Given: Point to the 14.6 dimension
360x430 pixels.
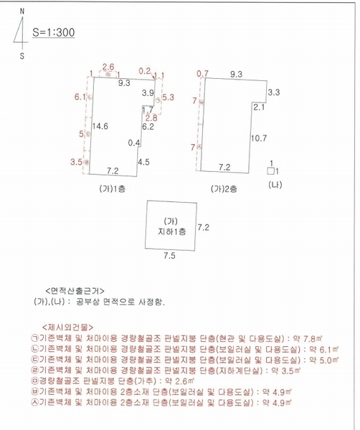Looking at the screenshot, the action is (100, 126).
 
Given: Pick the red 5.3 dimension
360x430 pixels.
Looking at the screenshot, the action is (169, 96).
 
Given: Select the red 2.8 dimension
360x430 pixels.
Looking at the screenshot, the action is (151, 117).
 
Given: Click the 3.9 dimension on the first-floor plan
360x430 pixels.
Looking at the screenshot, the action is (148, 93).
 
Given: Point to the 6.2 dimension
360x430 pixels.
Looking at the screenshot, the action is (148, 127).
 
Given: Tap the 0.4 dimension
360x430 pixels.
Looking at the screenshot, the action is (133, 143).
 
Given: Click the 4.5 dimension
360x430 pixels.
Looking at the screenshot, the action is (143, 162).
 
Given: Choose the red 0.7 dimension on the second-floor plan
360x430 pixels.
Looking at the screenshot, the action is (202, 73).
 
